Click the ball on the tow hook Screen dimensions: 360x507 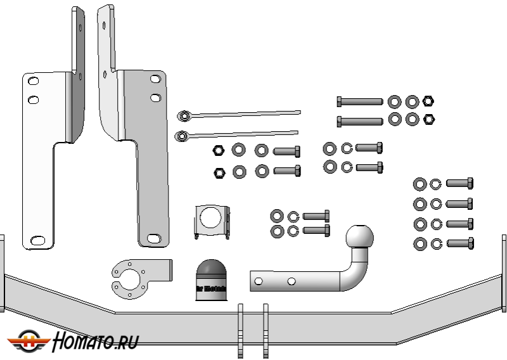pos(361,238)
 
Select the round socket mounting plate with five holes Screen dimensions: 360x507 pos(134,280)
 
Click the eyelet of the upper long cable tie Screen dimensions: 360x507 pos(184,115)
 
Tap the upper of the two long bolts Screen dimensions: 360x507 pos(359,101)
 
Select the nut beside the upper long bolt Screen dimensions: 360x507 pos(428,101)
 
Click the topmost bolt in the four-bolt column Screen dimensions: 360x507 pos(459,183)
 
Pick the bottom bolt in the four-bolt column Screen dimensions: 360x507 pos(459,243)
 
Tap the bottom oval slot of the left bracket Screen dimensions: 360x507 pos(38,240)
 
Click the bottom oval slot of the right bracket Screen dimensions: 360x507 pos(153,238)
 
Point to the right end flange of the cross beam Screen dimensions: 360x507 pos(504,273)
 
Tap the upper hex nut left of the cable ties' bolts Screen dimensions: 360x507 pos(217,151)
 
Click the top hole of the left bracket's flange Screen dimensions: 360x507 pos(33,82)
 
